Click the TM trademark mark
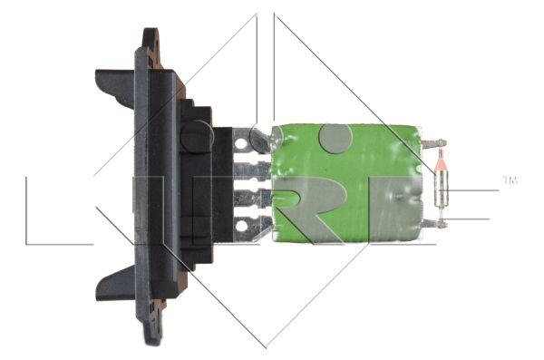[x=510, y=180]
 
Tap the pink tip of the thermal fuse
[x=441, y=163]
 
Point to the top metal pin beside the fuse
[x=433, y=142]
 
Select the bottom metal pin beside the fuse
[x=433, y=224]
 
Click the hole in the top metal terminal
[x=240, y=143]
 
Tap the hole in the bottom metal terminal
[x=241, y=227]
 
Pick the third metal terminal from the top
[x=252, y=199]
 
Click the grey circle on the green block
[x=335, y=138]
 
